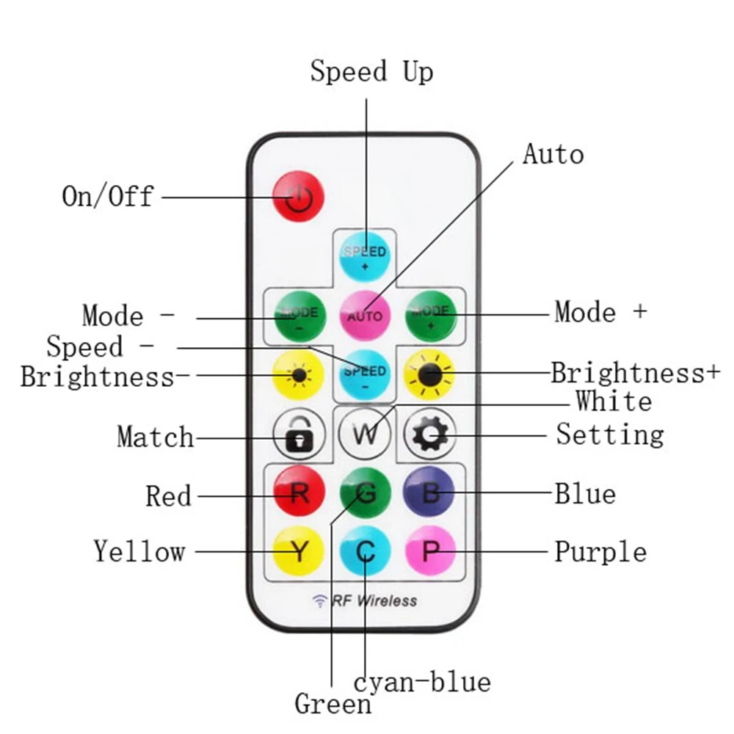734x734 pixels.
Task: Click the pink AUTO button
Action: click(365, 315)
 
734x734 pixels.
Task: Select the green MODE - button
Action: click(299, 316)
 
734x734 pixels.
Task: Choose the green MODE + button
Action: click(430, 316)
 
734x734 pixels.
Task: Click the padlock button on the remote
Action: click(298, 435)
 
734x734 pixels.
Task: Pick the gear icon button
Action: click(430, 435)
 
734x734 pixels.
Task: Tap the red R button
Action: click(299, 492)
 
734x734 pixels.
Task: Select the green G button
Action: click(365, 493)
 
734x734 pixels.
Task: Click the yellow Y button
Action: click(299, 550)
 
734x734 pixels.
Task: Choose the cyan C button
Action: click(365, 550)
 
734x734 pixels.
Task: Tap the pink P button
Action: click(430, 550)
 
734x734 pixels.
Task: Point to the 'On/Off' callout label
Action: click(108, 196)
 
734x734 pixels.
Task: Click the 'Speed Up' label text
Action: click(371, 72)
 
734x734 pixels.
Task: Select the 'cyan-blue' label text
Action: click(422, 683)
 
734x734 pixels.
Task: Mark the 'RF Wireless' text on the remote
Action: click(374, 601)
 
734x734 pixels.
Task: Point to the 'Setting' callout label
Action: click(609, 435)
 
